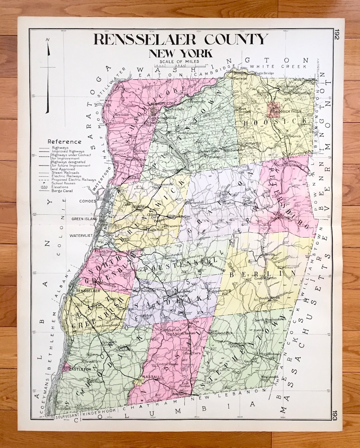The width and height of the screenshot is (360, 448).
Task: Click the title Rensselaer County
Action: coord(181,39)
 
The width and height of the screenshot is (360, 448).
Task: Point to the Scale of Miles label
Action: coord(179,61)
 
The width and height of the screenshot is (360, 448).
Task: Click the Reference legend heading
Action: coord(64,142)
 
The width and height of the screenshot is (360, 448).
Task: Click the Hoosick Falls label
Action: coord(291,111)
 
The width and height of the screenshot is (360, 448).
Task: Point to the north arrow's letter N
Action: coord(48,40)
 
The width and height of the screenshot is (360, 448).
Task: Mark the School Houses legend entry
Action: coord(63,183)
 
